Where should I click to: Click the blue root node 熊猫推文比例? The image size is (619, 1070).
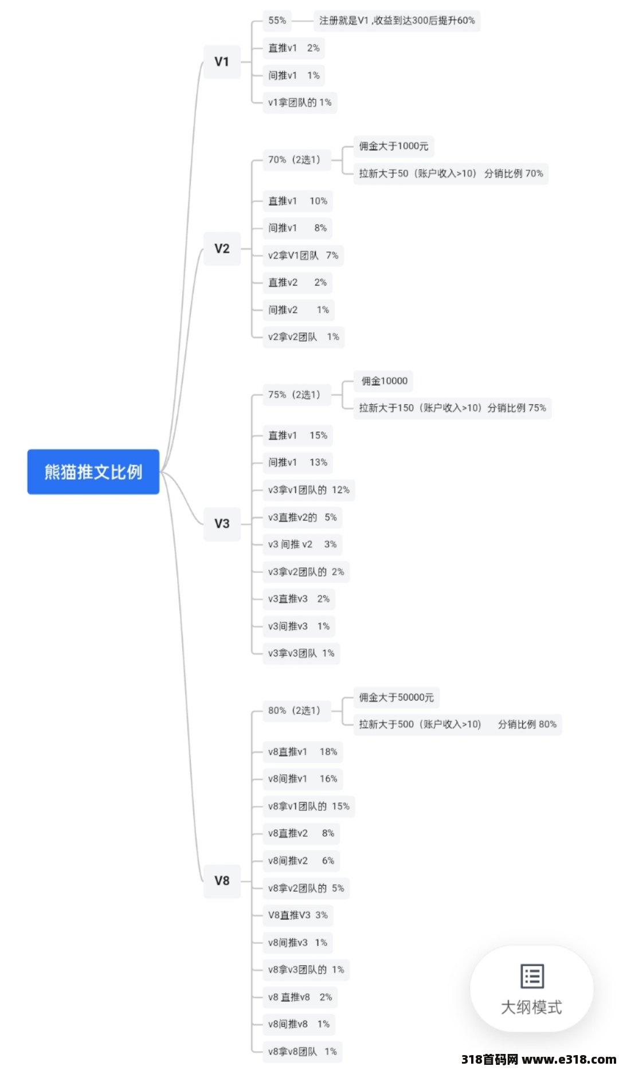(93, 472)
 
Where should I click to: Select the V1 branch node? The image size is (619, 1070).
(222, 62)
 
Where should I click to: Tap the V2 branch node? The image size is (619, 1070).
(222, 249)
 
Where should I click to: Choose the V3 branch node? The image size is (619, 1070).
(222, 524)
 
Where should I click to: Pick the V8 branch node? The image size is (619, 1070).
(222, 881)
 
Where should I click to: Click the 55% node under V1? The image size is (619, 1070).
(277, 21)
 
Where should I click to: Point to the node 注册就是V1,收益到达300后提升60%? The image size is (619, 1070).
(397, 21)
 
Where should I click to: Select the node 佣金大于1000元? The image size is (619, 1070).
(394, 146)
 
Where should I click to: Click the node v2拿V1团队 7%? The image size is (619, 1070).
(303, 256)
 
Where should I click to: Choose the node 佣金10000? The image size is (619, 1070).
(385, 381)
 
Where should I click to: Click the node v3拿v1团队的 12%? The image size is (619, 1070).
(309, 490)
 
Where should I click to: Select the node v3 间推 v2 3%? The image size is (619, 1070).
(303, 544)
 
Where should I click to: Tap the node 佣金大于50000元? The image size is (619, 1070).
(397, 697)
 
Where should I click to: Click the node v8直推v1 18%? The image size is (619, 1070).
(303, 752)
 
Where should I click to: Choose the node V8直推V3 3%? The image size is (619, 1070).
(298, 915)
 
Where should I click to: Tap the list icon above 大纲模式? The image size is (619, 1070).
(532, 976)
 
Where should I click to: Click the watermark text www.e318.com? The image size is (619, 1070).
(569, 1059)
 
